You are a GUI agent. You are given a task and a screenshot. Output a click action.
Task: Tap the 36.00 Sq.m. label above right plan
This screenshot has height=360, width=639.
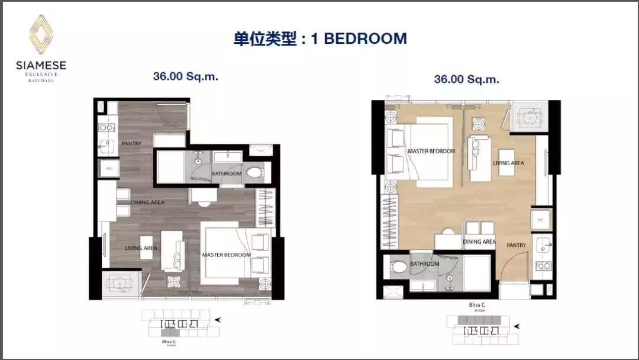point(467,79)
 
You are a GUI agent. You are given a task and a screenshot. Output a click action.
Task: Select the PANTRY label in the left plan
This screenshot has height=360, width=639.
point(131,143)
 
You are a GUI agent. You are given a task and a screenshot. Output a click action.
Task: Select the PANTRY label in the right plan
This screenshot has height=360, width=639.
point(516,245)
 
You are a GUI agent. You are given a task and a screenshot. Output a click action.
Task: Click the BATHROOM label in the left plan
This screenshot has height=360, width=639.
point(227,173)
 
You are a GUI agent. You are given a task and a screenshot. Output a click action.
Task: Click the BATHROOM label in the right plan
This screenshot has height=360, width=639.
point(425,263)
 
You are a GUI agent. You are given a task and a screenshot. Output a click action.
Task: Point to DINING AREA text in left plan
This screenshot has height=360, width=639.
point(148,202)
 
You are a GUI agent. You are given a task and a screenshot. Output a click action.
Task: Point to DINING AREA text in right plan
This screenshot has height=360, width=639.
point(479,242)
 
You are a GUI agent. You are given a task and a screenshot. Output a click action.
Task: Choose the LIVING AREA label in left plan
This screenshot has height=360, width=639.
point(141,248)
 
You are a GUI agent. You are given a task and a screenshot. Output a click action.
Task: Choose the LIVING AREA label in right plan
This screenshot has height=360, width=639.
point(508,163)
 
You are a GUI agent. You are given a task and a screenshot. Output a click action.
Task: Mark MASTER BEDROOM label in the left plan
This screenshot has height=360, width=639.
point(226,255)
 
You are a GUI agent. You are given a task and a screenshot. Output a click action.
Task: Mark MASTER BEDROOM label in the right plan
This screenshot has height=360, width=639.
point(431,152)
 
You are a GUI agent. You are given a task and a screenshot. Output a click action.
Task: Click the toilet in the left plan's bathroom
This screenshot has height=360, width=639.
point(254,173)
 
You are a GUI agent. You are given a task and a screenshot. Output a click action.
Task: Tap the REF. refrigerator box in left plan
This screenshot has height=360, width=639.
point(109,169)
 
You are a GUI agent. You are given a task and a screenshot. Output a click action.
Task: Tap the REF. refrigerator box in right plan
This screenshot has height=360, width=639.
point(540,220)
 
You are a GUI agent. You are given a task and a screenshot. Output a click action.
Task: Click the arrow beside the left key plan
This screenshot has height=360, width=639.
point(218,320)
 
